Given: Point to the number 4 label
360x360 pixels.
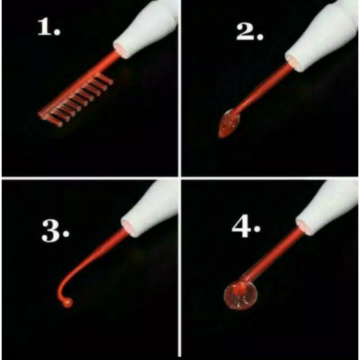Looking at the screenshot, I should point(242,229).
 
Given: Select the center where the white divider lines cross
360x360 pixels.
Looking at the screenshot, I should point(180,178).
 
